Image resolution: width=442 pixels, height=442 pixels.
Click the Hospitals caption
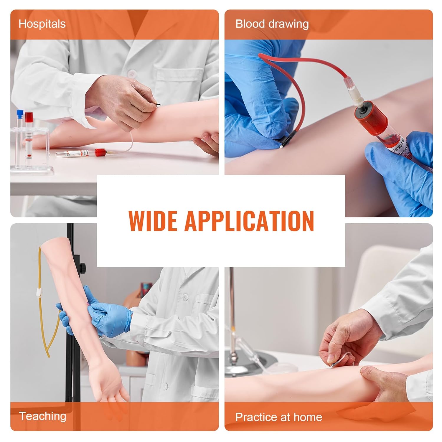coord(42,24)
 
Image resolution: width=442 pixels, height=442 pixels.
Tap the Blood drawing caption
coord(272,24)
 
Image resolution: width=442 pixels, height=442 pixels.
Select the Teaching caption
coord(43,416)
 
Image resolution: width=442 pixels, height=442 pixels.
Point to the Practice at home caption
coord(278,417)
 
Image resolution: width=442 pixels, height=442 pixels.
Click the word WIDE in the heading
coord(152,221)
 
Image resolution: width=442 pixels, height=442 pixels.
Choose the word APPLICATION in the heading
coord(249,221)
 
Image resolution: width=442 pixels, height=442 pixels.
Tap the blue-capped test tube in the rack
coord(20,118)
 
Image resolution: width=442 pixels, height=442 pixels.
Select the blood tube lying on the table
coord(80,153)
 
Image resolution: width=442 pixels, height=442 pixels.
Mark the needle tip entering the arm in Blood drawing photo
coord(282,145)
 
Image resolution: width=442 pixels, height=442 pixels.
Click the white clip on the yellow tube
coord(39,293)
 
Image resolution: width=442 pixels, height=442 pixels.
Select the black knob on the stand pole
coord(84,268)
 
